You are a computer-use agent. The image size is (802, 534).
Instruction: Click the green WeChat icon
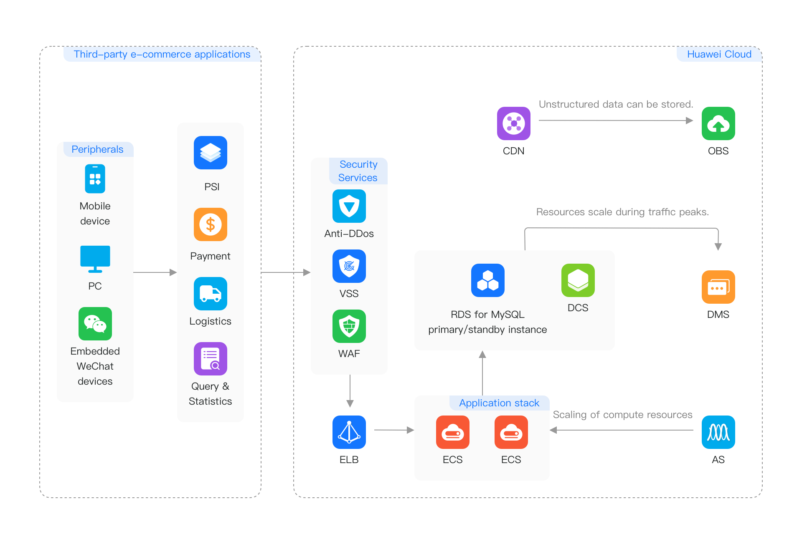[95, 324]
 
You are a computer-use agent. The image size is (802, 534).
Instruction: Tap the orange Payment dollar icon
[211, 224]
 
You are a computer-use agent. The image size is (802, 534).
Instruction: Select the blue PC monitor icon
[95, 259]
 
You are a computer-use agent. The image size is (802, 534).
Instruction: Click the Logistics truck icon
[211, 294]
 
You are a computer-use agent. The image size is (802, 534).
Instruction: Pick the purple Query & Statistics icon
[211, 359]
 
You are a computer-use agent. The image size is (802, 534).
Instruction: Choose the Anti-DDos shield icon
[349, 206]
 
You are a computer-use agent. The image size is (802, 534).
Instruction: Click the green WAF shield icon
[349, 326]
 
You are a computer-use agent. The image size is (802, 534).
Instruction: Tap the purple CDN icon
[514, 123]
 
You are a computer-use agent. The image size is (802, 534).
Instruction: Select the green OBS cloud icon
[718, 123]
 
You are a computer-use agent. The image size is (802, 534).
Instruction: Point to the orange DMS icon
[718, 287]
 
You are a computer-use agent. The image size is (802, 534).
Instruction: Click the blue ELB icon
[349, 432]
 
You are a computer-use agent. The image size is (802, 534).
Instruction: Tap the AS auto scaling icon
[718, 432]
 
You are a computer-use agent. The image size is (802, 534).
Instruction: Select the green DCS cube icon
[578, 280]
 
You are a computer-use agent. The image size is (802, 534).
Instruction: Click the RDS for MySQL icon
[488, 280]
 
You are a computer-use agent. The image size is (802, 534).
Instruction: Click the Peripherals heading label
[97, 149]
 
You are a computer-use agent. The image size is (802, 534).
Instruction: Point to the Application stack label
[499, 403]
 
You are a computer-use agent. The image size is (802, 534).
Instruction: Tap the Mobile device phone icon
[95, 179]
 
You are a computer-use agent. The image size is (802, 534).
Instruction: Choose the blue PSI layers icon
[211, 153]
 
